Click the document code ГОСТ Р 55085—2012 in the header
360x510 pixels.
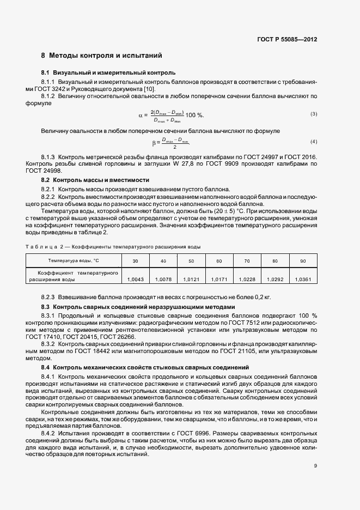[286, 40]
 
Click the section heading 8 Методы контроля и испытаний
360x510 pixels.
[101, 56]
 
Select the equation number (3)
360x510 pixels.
[313, 114]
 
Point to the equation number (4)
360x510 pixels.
[313, 142]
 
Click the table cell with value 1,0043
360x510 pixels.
[135, 279]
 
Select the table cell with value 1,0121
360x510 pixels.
[191, 279]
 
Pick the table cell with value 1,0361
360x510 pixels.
[302, 279]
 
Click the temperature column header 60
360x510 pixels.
[219, 261]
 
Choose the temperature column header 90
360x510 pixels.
[302, 261]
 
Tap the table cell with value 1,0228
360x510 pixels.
[247, 279]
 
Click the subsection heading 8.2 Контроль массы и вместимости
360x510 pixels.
[95, 179]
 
